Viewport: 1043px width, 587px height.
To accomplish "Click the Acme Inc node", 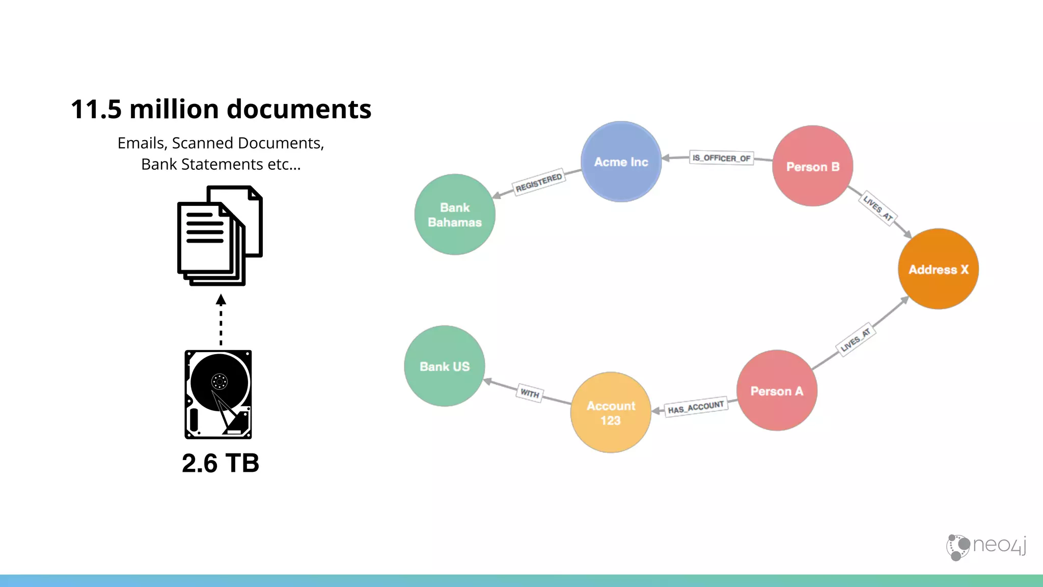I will click(x=621, y=162).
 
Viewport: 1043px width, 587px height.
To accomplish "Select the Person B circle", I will click(x=812, y=166).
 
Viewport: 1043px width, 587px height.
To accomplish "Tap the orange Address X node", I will click(x=938, y=269).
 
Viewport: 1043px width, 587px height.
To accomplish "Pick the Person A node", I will click(x=777, y=391).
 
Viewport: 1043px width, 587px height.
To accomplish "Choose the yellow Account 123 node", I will click(x=611, y=413).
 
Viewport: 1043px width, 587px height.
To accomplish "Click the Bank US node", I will click(x=444, y=366).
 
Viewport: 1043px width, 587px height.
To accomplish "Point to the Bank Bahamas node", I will click(x=454, y=215).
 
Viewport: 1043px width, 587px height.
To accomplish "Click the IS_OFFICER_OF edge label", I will click(x=721, y=158).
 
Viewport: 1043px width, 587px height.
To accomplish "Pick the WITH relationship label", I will click(x=530, y=393).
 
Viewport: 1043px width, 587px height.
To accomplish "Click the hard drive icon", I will click(x=218, y=394).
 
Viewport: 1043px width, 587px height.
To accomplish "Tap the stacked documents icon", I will click(x=219, y=235).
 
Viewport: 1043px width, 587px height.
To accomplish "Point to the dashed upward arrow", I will click(x=221, y=321).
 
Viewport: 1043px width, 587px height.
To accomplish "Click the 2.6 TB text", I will click(x=221, y=463).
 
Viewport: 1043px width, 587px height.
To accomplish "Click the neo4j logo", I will click(x=986, y=547).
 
